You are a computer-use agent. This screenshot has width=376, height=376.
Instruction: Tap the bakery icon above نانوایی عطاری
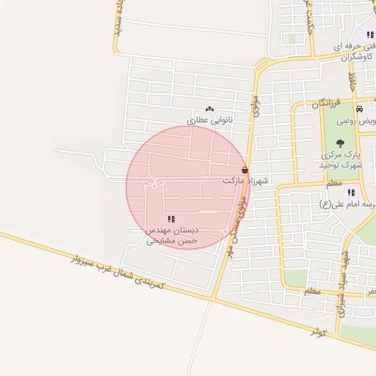tap(209, 109)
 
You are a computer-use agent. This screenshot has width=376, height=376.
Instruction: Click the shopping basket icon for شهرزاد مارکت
tap(245, 170)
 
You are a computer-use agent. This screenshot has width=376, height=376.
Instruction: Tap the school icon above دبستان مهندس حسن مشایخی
tap(171, 219)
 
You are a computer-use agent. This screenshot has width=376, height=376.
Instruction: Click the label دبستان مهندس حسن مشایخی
tap(173, 235)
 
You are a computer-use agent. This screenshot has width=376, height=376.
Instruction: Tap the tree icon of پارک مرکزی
tap(340, 143)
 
